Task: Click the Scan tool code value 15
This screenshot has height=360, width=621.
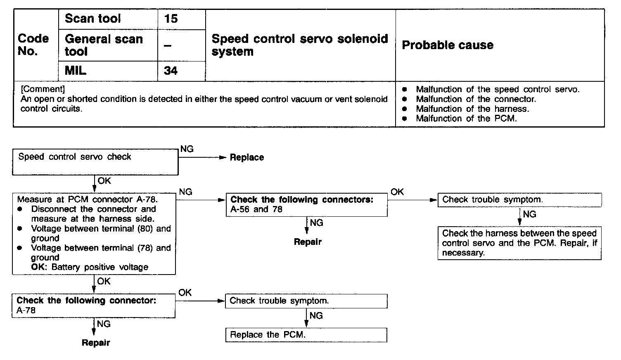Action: [171, 19]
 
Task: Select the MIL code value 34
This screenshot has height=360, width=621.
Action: [171, 71]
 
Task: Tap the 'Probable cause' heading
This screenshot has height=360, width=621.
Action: [448, 45]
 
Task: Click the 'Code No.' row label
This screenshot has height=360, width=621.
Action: [33, 45]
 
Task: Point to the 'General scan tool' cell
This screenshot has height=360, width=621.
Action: [104, 45]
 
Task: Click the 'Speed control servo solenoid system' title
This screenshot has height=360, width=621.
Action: [300, 45]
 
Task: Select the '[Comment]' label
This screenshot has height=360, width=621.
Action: [43, 89]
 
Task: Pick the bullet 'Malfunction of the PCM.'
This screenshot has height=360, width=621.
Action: [466, 118]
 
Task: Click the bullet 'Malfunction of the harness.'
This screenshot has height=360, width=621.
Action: [472, 109]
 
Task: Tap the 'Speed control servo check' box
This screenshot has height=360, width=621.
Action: [95, 162]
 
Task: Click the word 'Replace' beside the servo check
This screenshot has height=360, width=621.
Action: [247, 157]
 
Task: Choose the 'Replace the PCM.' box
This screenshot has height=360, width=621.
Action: [306, 335]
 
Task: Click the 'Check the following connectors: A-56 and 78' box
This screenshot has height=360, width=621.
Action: [307, 205]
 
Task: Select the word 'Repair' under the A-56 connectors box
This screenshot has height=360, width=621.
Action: [308, 242]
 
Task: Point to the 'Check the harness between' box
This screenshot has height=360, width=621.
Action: [519, 243]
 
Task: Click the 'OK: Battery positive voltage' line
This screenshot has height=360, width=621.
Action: [90, 267]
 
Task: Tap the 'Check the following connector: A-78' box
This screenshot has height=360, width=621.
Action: [93, 306]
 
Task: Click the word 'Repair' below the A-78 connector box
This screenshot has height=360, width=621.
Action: [96, 343]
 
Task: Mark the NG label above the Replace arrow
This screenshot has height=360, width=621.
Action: [187, 149]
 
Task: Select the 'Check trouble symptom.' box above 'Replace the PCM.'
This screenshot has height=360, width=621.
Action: [306, 301]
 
